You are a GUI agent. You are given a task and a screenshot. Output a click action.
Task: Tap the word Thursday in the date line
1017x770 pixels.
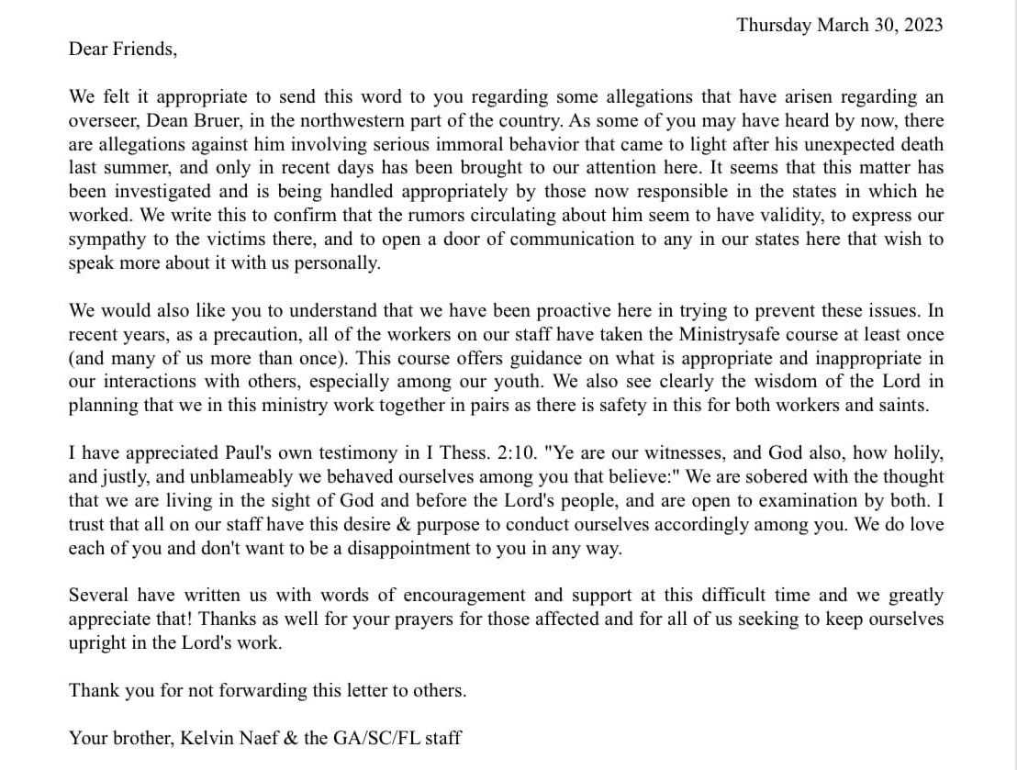tap(774, 26)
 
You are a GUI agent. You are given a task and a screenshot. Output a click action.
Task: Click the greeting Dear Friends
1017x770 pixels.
tap(123, 50)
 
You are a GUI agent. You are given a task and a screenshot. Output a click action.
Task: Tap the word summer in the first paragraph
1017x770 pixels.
tap(133, 168)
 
